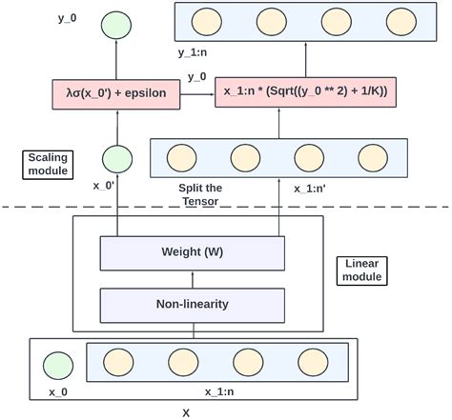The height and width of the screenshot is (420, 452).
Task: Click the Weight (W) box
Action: pos(193,253)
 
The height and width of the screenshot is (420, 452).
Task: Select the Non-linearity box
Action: pos(193,305)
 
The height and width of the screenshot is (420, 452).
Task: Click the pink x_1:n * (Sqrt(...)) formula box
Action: pos(305,92)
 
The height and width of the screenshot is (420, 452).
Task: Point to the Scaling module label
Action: pos(45,164)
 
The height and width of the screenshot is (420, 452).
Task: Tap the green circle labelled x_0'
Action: pos(115,158)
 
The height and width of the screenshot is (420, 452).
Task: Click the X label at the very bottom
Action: pos(186,412)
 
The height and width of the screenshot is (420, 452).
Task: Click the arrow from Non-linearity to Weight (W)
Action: pos(193,279)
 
